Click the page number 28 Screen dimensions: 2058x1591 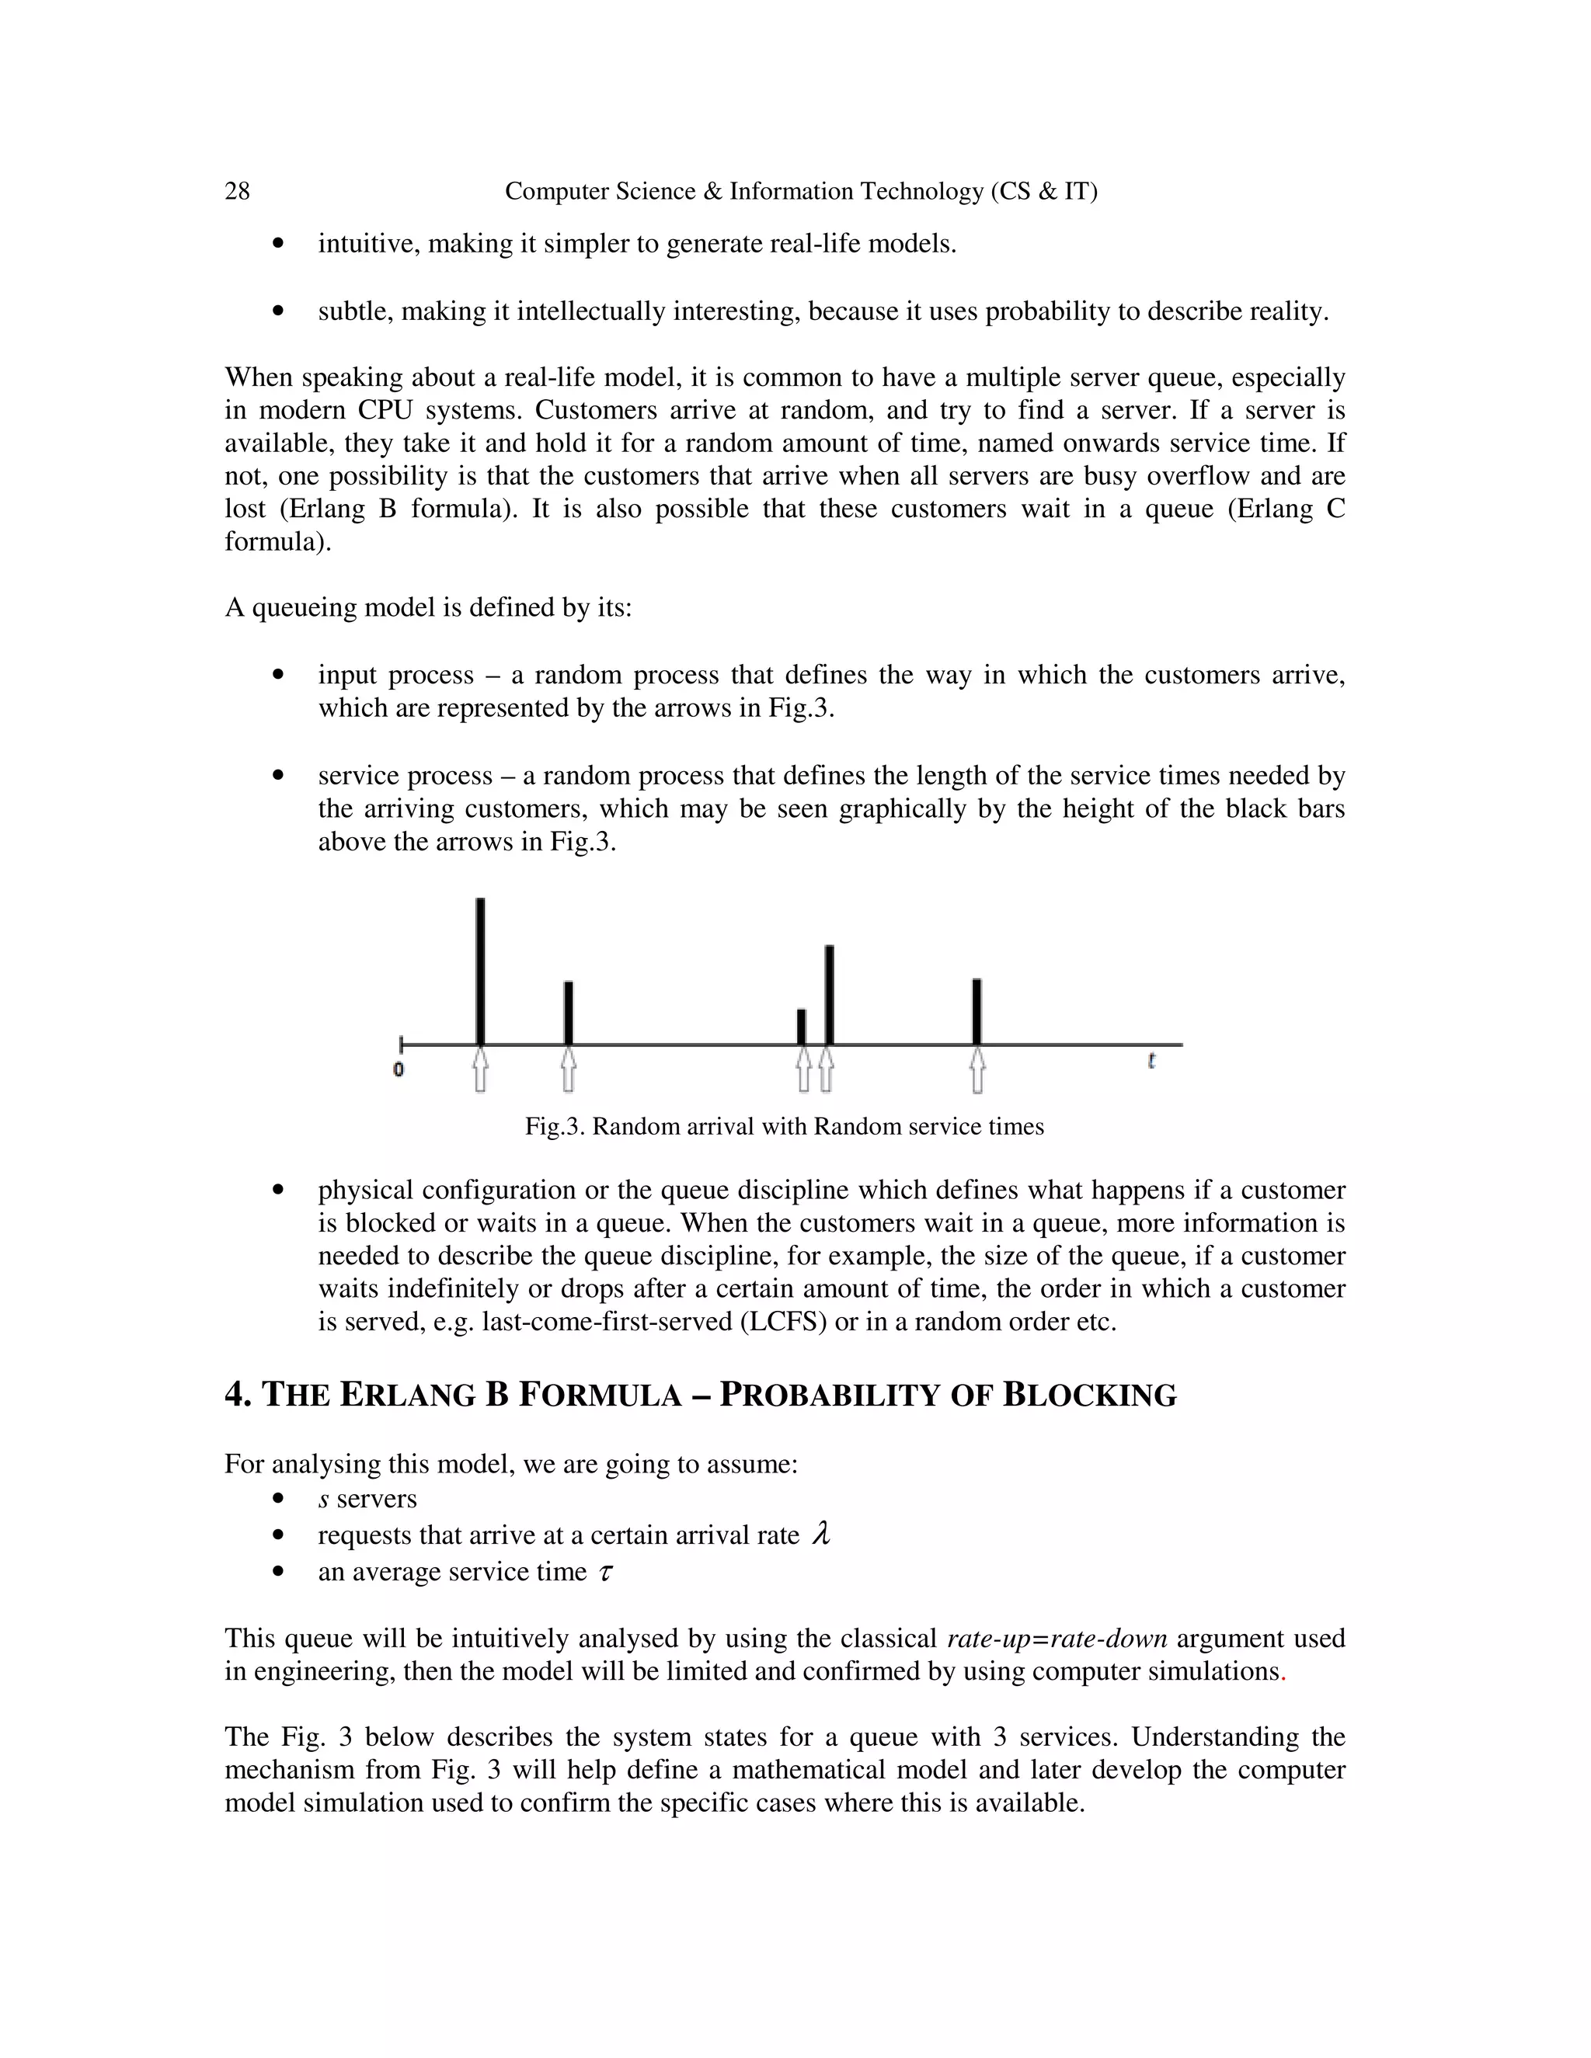coord(238,191)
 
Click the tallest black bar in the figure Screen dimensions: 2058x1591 coord(481,971)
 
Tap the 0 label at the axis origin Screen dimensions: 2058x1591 coord(399,1069)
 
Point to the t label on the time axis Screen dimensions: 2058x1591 coord(1152,1061)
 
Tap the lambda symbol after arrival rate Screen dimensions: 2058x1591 coord(821,1535)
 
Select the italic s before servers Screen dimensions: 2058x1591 coord(323,1499)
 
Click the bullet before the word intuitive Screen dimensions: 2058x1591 coord(277,244)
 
